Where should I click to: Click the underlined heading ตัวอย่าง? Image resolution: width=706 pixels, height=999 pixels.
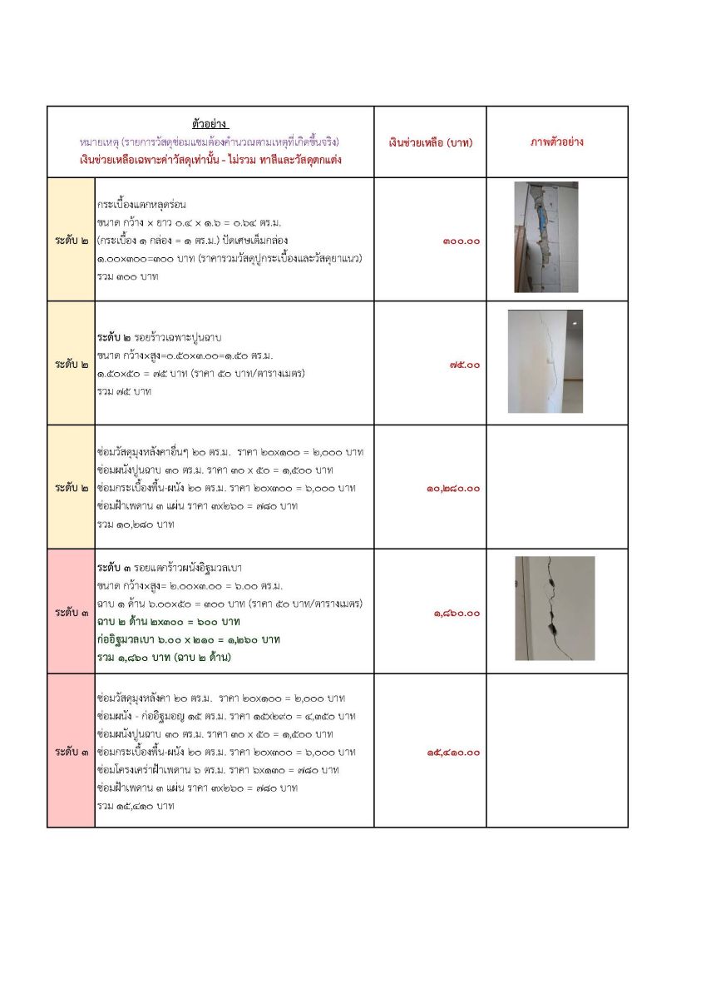coord(210,124)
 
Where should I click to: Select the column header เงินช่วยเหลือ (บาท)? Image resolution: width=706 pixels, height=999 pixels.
coord(430,142)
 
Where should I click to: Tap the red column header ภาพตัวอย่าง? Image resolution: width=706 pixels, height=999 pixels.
coord(557,142)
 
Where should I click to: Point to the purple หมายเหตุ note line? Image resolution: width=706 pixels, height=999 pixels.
coord(210,142)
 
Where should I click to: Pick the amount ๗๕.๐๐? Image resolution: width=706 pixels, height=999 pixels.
coord(463,365)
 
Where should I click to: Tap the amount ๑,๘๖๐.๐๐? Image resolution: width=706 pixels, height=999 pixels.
coord(457,613)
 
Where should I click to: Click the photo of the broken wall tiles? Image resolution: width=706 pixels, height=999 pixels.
coord(546,237)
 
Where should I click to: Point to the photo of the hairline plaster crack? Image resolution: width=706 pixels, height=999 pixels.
coord(545,361)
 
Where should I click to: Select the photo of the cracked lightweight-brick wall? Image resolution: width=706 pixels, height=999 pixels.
coord(555,609)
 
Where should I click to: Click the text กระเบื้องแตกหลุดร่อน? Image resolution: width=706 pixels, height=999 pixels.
coord(141,204)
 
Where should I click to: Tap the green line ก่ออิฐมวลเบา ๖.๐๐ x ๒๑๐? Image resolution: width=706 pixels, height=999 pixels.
coord(189,639)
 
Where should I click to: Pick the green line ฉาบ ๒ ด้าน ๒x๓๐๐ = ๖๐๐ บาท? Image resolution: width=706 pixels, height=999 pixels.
coord(169,622)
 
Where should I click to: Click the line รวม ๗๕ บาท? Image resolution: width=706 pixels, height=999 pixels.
coord(125,390)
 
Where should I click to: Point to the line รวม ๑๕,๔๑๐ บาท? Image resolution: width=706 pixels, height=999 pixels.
coord(136,805)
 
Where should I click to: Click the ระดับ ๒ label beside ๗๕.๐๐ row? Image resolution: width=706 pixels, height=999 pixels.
coord(72,365)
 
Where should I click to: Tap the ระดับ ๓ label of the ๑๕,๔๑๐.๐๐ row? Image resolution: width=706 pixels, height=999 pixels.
coord(72,752)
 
